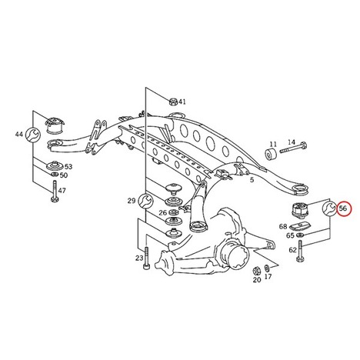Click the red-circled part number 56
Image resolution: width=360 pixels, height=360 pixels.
coord(343,208)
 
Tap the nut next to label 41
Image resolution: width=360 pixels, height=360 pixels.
coord(173,102)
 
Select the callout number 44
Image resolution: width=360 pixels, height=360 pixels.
coord(19,134)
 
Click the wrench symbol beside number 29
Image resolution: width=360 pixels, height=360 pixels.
coord(145,201)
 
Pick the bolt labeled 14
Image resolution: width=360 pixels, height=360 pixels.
coord(293,148)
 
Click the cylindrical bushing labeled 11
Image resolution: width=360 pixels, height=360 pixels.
coord(271,154)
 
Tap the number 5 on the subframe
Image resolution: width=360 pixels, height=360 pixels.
coord(252,180)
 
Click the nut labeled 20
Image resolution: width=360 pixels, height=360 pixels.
coord(255,271)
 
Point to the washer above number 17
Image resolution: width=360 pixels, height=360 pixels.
coord(267,268)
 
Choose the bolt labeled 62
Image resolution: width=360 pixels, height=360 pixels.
coord(300,252)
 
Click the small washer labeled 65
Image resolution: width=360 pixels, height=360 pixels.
coord(299,235)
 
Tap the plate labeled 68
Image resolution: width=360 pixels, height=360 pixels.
coord(300,226)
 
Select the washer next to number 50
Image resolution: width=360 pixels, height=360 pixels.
coord(55,175)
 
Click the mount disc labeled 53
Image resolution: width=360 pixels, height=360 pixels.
coord(54,166)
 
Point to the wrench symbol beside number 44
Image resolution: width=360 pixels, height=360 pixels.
coord(33,134)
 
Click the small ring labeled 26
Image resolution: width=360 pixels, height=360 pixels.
coord(174,212)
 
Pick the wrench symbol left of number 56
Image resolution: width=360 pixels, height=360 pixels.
coord(329,208)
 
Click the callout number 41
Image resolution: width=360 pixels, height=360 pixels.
coord(182,102)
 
